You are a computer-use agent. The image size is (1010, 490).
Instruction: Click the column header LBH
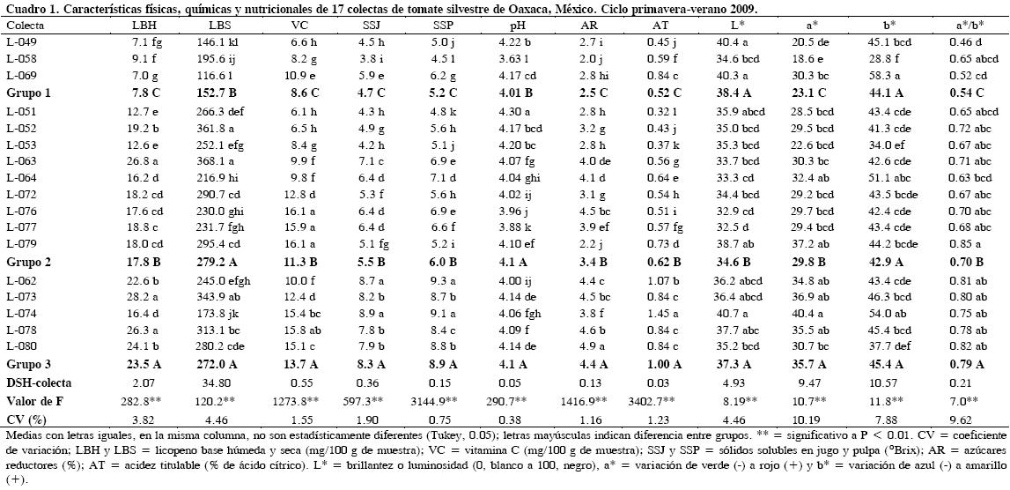click(144, 26)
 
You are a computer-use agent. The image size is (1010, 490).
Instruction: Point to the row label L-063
click(21, 161)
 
